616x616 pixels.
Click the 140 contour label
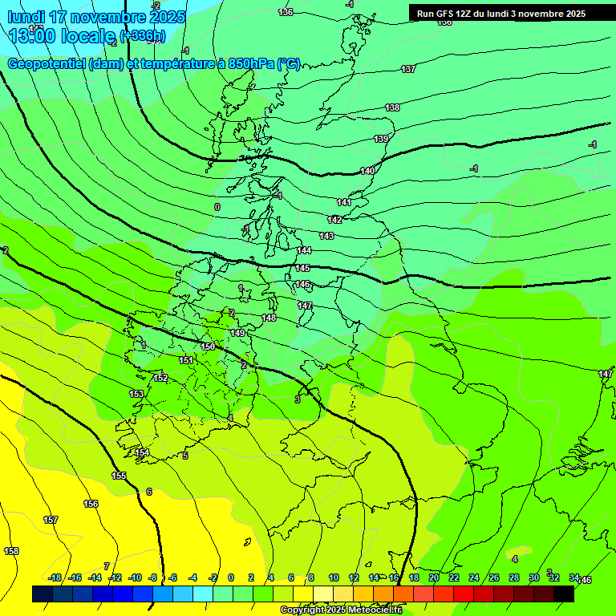(x=367, y=171)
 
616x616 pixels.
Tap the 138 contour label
(x=392, y=107)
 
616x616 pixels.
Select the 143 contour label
(x=326, y=236)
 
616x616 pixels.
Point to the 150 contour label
(x=208, y=346)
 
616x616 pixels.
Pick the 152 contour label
(x=160, y=378)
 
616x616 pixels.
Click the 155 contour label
(x=119, y=476)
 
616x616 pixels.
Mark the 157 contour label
(x=51, y=520)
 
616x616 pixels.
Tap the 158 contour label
(x=11, y=551)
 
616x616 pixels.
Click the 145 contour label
(x=302, y=268)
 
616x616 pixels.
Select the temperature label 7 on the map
(x=106, y=566)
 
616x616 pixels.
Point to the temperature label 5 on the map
(x=185, y=456)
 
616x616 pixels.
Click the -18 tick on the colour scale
(x=55, y=577)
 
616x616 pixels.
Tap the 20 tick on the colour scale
(x=433, y=577)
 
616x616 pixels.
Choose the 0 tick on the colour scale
(x=230, y=577)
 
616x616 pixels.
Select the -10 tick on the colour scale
(x=135, y=577)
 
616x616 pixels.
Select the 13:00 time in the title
(x=30, y=35)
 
